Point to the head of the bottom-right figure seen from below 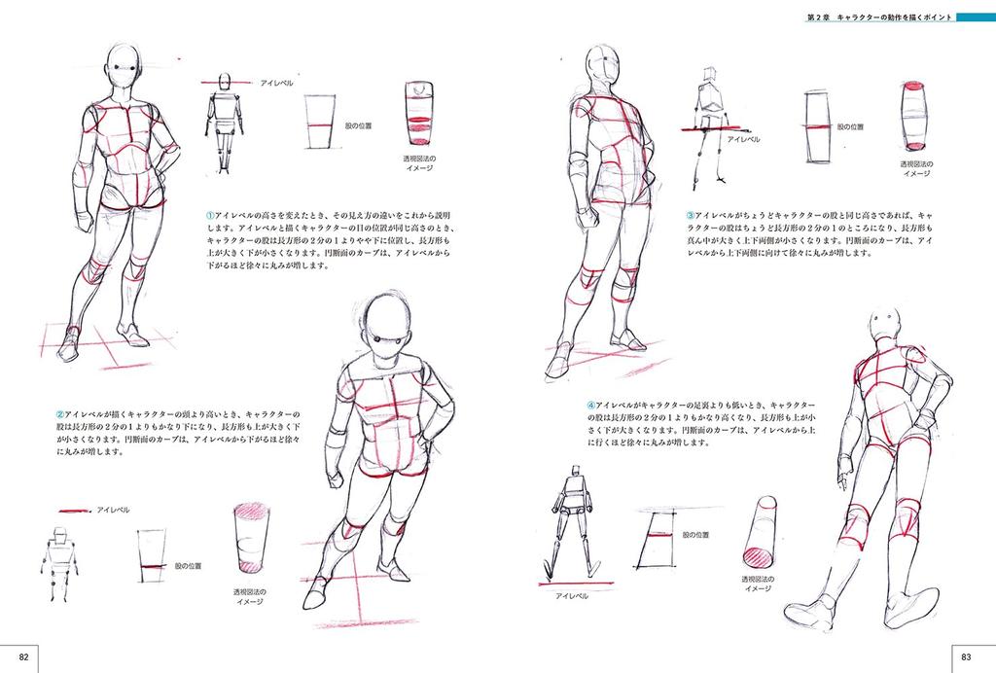pyautogui.click(x=885, y=324)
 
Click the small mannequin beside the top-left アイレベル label pyautogui.click(x=225, y=121)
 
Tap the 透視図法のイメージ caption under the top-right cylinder pyautogui.click(x=917, y=168)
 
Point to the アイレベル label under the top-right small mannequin pyautogui.click(x=744, y=139)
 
